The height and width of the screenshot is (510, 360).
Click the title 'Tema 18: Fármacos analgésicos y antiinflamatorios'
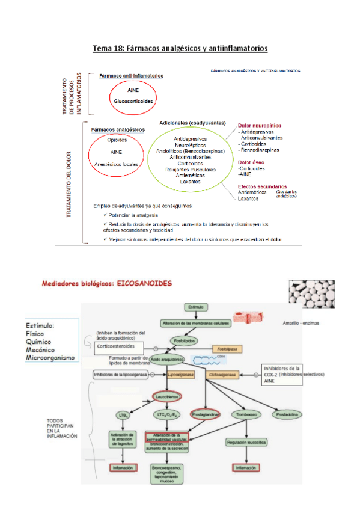click(x=180, y=48)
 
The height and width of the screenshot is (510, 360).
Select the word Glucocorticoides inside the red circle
click(x=133, y=101)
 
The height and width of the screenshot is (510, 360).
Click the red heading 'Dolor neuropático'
click(x=260, y=125)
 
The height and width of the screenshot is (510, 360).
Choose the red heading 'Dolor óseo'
click(x=251, y=162)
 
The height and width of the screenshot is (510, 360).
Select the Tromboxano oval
click(x=247, y=415)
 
